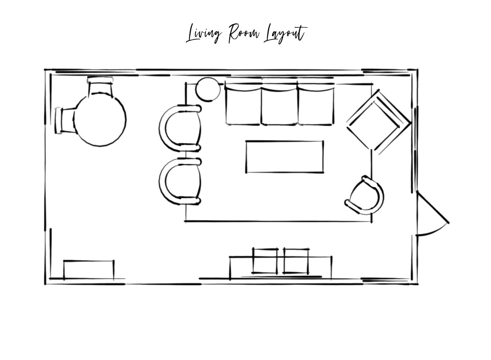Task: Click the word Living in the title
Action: (204, 34)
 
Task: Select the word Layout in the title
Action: (285, 34)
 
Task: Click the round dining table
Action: (100, 120)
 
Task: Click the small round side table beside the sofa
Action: (208, 89)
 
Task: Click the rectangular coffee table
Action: (285, 157)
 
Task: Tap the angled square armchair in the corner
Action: (379, 122)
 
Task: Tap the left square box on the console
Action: (265, 261)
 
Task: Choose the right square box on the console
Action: (296, 261)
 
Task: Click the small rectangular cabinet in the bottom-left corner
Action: (89, 270)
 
